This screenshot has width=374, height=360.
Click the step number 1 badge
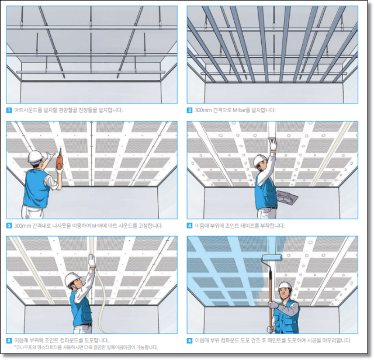pyautogui.click(x=9, y=110)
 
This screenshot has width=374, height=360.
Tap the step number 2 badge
pyautogui.click(x=190, y=110)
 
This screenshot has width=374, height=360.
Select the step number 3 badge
pyautogui.click(x=9, y=225)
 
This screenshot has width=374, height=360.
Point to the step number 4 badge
pyautogui.click(x=190, y=225)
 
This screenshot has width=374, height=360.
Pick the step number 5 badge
pyautogui.click(x=9, y=340)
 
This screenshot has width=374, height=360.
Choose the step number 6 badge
pyautogui.click(x=190, y=340)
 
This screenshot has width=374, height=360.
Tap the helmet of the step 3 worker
pyautogui.click(x=36, y=156)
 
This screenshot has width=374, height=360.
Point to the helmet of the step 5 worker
pyautogui.click(x=72, y=277)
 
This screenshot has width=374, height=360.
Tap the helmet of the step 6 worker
pyautogui.click(x=285, y=286)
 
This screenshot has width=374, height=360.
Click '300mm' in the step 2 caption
pyautogui.click(x=204, y=110)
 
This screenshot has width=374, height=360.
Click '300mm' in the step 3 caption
pyautogui.click(x=23, y=225)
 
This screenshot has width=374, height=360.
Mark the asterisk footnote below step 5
pyautogui.click(x=82, y=347)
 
